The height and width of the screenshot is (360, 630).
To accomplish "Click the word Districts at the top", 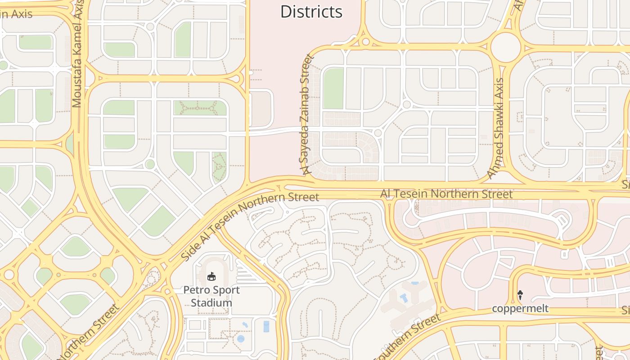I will pyautogui.click(x=311, y=12).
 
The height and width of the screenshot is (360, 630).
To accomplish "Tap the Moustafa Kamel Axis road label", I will pyautogui.click(x=78, y=54).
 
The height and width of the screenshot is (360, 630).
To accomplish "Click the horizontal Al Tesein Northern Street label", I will pyautogui.click(x=446, y=194).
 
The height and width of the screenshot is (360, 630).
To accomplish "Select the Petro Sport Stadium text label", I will pyautogui.click(x=211, y=296).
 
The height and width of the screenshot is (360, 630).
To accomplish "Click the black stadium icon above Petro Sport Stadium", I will pyautogui.click(x=211, y=276).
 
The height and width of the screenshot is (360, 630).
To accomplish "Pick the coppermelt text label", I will pyautogui.click(x=520, y=308).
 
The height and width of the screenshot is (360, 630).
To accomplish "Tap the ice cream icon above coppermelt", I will pyautogui.click(x=520, y=295).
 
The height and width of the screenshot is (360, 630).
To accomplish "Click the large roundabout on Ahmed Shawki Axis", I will pyautogui.click(x=505, y=47).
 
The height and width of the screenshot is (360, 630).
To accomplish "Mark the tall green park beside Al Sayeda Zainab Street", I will pyautogui.click(x=333, y=88).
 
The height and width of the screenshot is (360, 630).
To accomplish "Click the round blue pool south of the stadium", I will pyautogui.click(x=241, y=338).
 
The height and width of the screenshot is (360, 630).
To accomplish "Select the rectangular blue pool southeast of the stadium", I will pyautogui.click(x=266, y=326).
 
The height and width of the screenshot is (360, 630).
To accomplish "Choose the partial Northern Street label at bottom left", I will pyautogui.click(x=90, y=333).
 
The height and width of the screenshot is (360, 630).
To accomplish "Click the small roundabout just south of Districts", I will pyautogui.click(x=366, y=42).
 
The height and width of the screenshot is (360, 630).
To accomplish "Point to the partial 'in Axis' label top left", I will pyautogui.click(x=16, y=14).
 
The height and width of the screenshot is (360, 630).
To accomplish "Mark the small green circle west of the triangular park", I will pyautogui.click(x=150, y=164).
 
